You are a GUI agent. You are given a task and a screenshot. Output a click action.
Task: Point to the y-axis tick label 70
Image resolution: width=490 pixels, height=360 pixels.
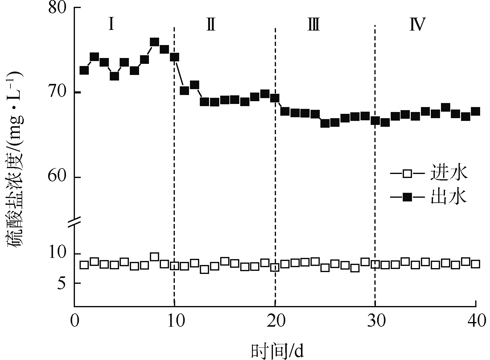(x=58, y=92)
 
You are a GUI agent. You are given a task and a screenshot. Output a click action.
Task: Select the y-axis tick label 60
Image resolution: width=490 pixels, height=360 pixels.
(x=58, y=177)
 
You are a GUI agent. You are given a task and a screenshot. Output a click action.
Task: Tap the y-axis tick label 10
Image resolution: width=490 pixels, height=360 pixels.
(x=58, y=254)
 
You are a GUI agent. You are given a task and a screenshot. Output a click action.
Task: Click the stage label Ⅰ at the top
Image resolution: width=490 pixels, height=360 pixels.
(x=111, y=24)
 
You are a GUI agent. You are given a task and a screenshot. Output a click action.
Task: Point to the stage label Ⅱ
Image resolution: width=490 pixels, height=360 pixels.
(x=211, y=24)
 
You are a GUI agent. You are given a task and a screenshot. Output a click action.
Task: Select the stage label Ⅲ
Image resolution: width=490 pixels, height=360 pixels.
(x=314, y=24)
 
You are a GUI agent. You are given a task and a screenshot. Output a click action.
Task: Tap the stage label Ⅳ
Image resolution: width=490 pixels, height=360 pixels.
(x=418, y=24)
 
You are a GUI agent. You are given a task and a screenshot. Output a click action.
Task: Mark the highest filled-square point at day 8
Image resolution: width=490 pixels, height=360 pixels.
(x=154, y=42)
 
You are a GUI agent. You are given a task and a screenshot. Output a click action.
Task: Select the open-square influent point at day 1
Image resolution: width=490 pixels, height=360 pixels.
(x=84, y=265)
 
